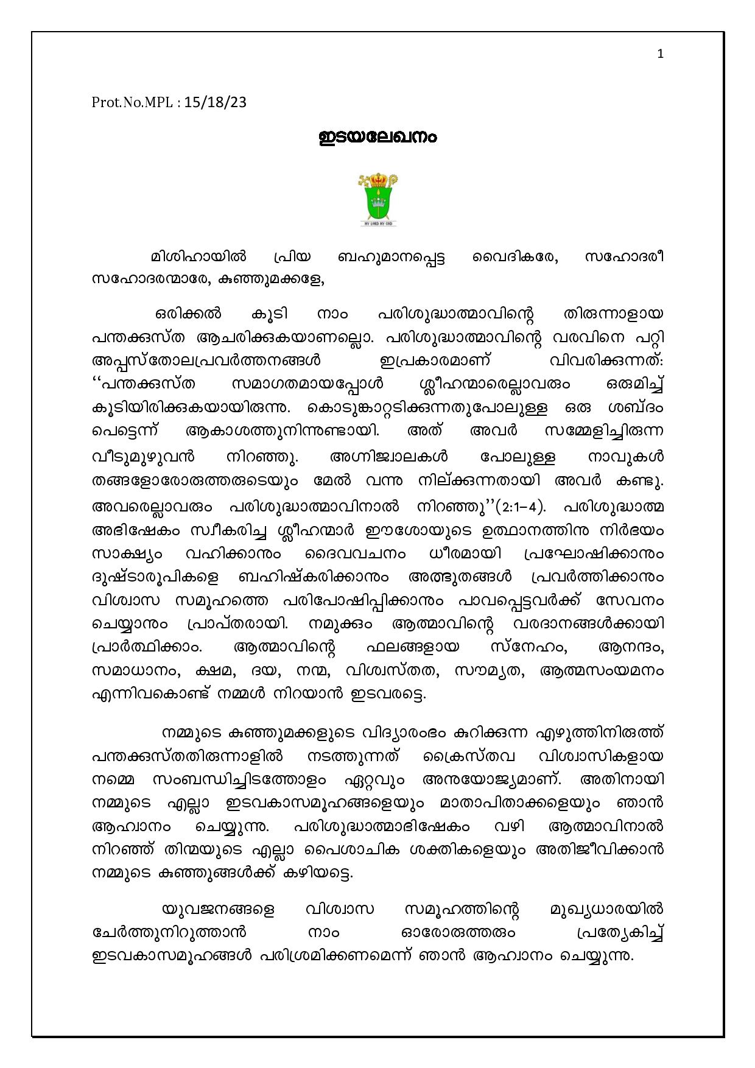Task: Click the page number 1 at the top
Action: tap(661, 54)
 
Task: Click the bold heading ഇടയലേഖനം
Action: tap(377, 138)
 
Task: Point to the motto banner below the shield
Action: tap(377, 224)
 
